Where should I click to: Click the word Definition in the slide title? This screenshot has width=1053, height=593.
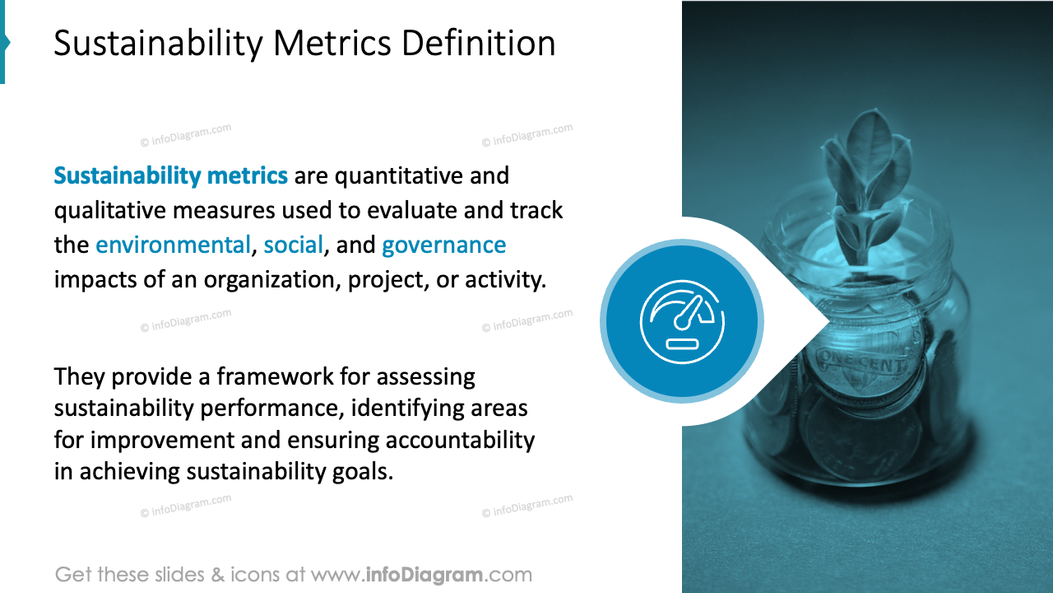tap(480, 43)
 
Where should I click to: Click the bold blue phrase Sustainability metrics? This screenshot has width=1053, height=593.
tap(170, 175)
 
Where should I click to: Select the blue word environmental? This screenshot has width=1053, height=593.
tap(173, 245)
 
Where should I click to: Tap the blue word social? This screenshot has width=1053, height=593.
tap(293, 245)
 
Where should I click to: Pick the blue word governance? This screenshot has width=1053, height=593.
tap(443, 245)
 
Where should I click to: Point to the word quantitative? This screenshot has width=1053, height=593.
tap(397, 175)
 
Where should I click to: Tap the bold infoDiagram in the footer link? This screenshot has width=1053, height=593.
tap(424, 574)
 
